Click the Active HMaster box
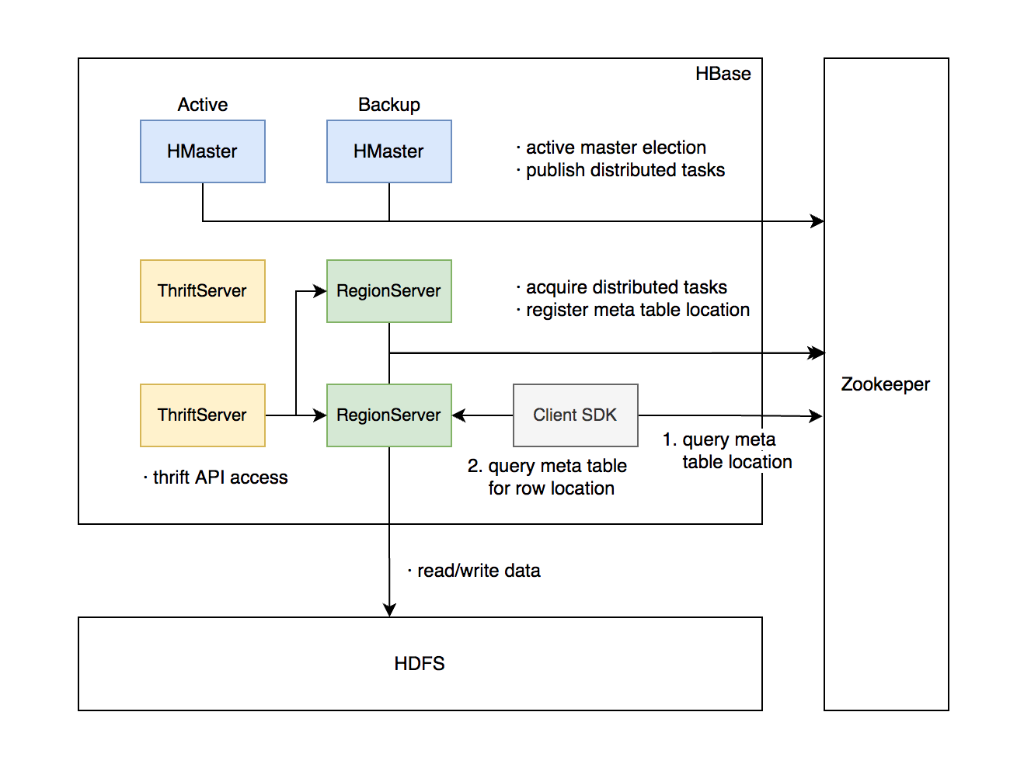pos(202,151)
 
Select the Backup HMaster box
pos(388,151)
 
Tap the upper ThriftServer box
pos(202,291)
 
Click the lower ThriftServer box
pos(202,415)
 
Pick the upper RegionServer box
pos(388,291)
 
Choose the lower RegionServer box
pos(388,415)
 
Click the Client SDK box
pos(575,415)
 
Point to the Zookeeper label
pos(885,384)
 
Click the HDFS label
pos(420,664)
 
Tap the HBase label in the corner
pos(723,74)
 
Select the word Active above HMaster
pos(202,105)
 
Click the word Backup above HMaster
pos(388,105)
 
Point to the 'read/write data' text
pos(478,571)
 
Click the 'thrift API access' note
pos(219,478)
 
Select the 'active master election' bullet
pos(615,148)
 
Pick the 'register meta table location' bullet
pos(637,310)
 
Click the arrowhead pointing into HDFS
pos(389,610)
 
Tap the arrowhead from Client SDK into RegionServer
pos(459,415)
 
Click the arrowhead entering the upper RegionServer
pos(319,291)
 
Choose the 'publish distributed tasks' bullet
pos(625,170)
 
